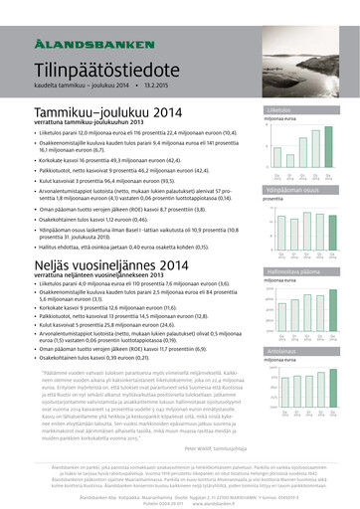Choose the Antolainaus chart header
(299, 350)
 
